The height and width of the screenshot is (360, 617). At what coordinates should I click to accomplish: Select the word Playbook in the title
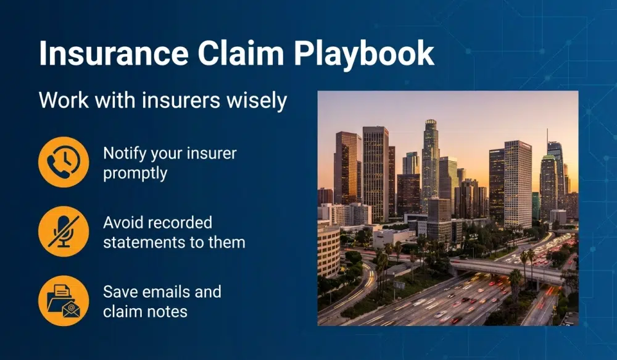point(364,56)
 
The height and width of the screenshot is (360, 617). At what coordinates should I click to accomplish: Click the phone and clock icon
point(63,162)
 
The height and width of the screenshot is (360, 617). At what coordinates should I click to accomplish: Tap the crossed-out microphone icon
point(63,232)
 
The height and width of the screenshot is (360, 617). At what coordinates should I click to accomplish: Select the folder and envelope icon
point(63,301)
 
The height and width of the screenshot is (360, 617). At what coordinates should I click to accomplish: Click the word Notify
point(125,153)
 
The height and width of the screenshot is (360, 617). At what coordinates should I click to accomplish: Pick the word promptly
point(135,174)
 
